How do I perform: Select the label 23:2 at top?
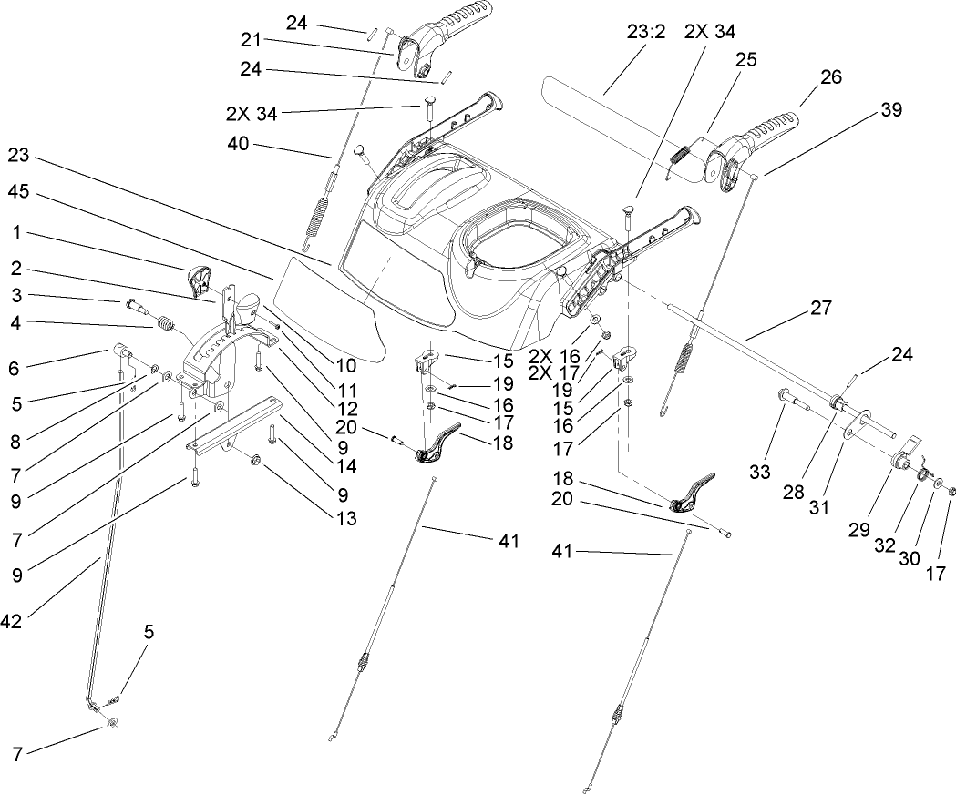point(647,31)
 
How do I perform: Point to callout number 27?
point(820,308)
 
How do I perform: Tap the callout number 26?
point(830,78)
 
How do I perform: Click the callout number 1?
point(16,233)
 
